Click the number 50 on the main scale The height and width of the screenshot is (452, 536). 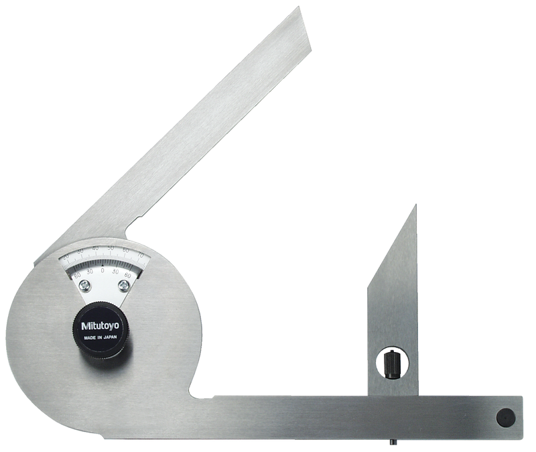pos(110,251)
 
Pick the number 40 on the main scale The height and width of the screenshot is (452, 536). pos(95,249)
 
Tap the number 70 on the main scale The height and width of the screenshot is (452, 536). pos(139,256)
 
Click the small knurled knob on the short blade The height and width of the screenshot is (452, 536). pos(392,364)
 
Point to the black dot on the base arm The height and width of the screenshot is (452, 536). pos(505,417)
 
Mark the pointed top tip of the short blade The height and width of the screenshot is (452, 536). pos(415,207)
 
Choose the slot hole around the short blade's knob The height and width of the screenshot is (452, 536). pos(393,363)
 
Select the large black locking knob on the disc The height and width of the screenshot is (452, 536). pos(99,329)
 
